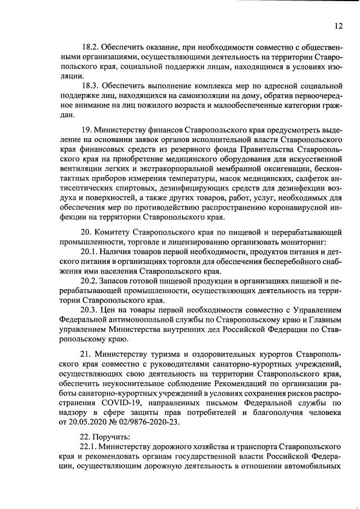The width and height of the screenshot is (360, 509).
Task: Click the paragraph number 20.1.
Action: pos(91,252)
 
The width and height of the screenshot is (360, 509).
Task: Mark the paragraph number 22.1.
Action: pos(91,446)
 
